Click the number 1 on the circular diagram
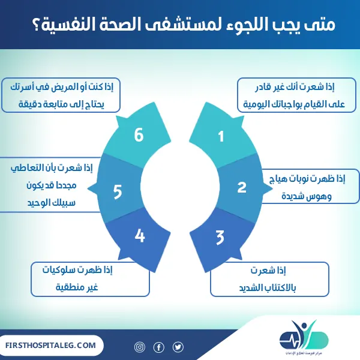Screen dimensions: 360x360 [221, 137]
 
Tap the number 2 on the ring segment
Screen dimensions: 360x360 [242, 187]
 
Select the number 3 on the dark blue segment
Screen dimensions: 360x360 [220, 237]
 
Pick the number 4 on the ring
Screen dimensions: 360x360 [140, 236]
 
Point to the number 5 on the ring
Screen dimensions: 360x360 [118, 191]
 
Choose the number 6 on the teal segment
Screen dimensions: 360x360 [139, 136]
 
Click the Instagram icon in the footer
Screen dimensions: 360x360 [140, 347]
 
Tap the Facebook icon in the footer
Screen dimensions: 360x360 [159, 347]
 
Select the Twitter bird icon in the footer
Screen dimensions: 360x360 [178, 347]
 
